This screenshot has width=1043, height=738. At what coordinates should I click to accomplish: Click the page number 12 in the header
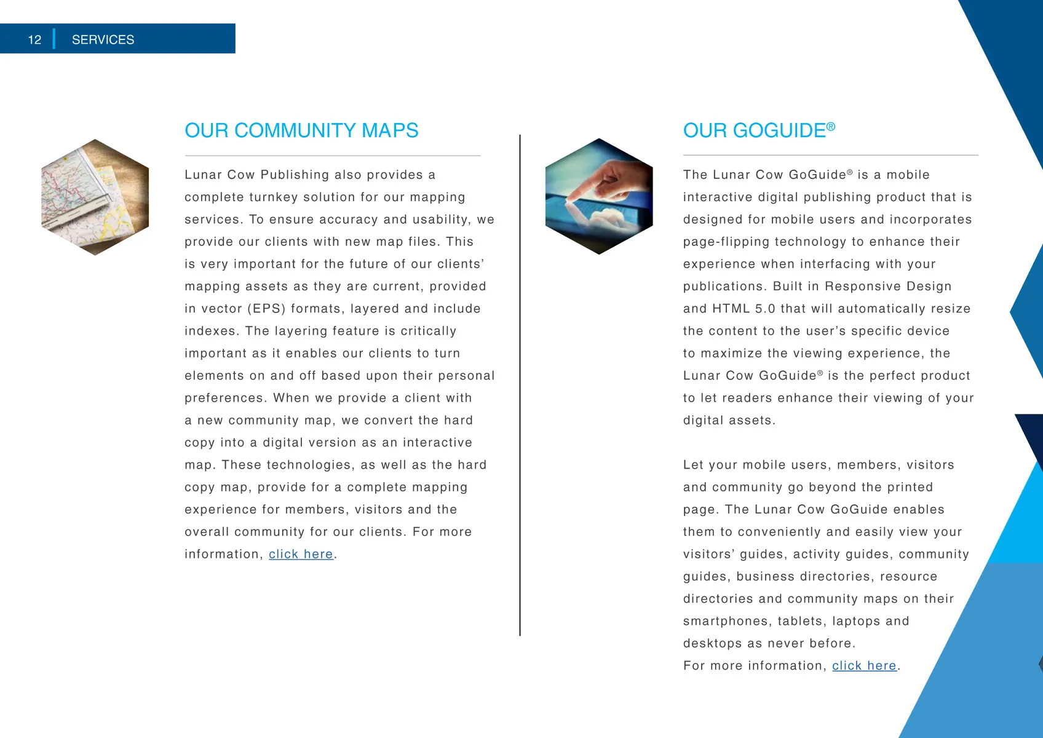[x=34, y=40]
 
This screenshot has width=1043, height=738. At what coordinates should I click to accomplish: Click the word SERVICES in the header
[x=103, y=40]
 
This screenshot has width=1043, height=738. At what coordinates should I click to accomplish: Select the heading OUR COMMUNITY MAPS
[x=301, y=130]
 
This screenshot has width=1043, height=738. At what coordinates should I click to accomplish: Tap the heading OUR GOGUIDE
[x=754, y=130]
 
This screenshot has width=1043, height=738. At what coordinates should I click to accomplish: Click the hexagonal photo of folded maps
[x=95, y=197]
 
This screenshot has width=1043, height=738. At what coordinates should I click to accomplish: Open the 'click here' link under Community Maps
[x=301, y=554]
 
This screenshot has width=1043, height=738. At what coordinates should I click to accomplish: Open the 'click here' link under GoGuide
[x=864, y=665]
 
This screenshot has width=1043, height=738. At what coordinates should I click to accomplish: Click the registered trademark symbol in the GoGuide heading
[x=831, y=127]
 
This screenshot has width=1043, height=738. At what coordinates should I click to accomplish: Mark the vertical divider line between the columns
[x=520, y=385]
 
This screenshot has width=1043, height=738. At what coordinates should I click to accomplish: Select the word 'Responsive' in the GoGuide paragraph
[x=860, y=287]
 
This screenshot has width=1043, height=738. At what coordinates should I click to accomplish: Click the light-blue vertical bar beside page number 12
[x=54, y=39]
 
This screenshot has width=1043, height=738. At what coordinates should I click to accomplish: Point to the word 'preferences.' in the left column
[x=226, y=398]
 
